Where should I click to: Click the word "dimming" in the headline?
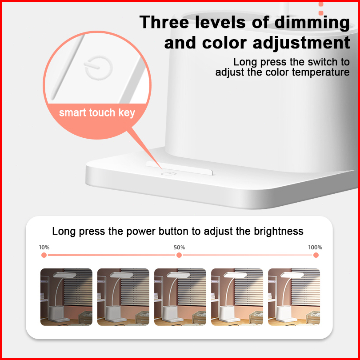point(312,23)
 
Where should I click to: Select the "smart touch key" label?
point(97,113)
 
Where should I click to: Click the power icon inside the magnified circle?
point(98,68)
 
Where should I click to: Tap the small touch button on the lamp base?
point(168,174)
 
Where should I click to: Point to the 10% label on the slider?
point(44,247)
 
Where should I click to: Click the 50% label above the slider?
point(179,247)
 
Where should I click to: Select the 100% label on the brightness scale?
point(315,247)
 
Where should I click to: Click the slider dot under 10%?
point(44,255)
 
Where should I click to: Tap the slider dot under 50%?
point(179,255)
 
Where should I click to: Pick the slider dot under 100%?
point(316,255)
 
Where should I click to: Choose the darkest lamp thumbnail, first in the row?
point(66,297)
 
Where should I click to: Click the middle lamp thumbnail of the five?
point(180,297)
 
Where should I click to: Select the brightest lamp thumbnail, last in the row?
point(294,297)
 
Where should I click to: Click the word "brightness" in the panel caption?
point(279,231)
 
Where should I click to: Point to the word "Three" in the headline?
point(164,22)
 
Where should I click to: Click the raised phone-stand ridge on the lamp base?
point(180,168)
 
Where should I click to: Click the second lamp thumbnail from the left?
point(123,297)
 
